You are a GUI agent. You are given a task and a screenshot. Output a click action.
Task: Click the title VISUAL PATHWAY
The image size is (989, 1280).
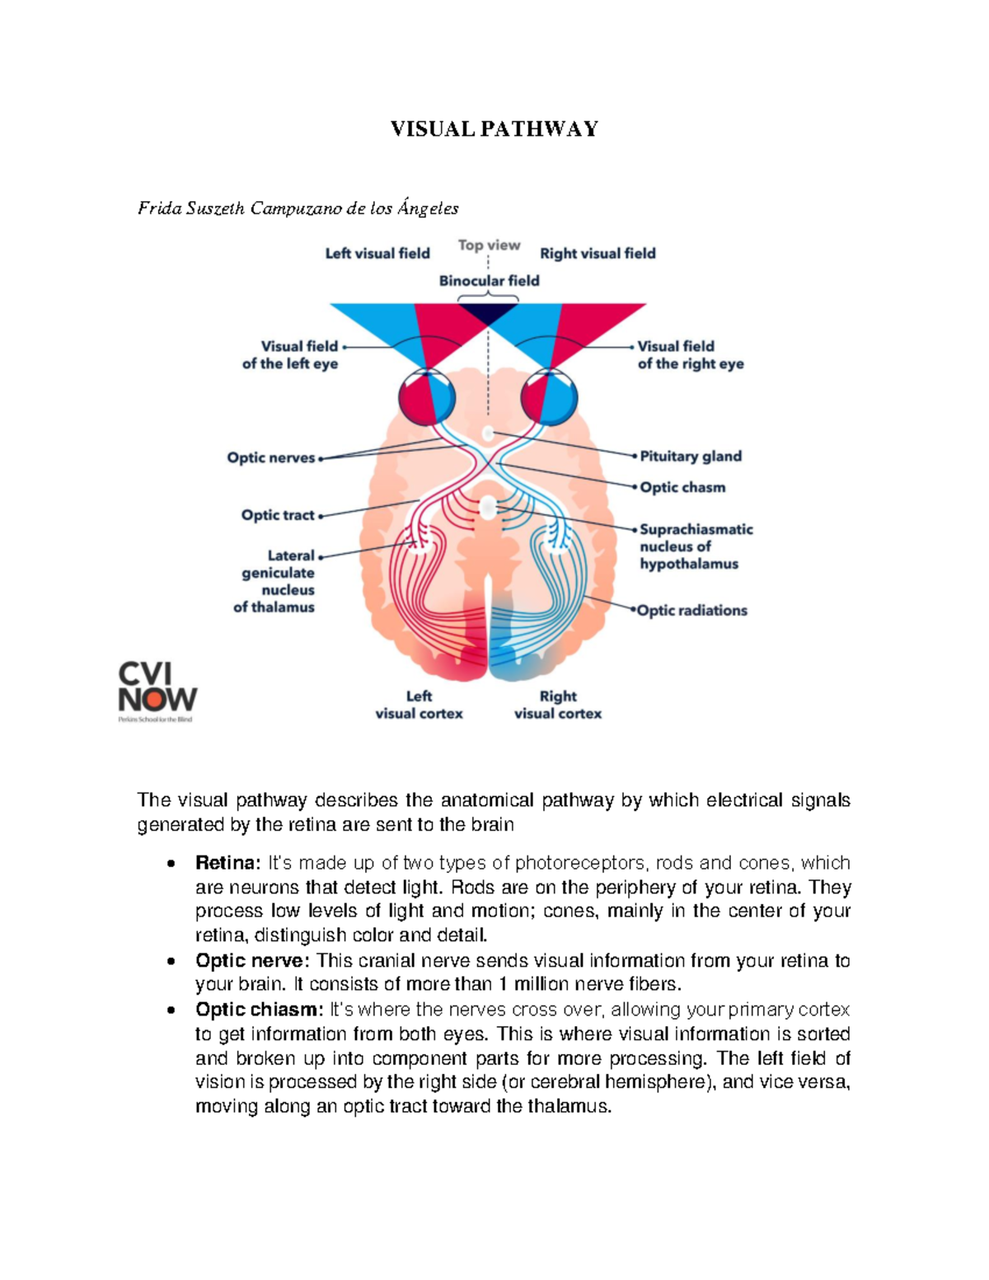point(494,129)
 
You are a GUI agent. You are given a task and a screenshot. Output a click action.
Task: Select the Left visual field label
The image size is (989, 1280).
point(377,254)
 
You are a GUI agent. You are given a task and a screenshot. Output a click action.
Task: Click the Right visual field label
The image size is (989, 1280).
point(598,254)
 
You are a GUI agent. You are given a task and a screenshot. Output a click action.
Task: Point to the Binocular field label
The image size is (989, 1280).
point(489,281)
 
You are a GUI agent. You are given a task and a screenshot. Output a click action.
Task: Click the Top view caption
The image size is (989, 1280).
point(489,245)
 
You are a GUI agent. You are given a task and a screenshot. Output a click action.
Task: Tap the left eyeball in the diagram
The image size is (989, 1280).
point(427,397)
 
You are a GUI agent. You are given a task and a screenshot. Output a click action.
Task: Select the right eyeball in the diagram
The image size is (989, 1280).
point(549,397)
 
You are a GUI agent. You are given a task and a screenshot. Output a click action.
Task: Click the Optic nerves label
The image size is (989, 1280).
point(271,458)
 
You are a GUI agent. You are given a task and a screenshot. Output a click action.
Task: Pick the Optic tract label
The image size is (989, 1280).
point(278,515)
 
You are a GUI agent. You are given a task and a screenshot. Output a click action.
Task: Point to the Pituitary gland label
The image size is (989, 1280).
point(691,457)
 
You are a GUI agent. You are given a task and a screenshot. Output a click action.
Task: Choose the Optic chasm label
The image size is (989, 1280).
point(682,488)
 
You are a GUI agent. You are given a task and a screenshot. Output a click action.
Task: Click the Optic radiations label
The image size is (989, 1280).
point(692,611)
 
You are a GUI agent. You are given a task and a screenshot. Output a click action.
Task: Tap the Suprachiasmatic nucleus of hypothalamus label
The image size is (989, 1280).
point(696,546)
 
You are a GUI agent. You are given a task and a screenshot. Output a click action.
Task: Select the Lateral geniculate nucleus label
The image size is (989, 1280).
point(277,581)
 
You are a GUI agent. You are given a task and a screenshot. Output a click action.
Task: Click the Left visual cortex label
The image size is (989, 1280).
point(419,706)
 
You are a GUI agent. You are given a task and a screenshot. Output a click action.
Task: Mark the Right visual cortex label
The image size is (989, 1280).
point(558,706)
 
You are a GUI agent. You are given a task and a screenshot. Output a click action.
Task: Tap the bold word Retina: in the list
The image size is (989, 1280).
point(227,863)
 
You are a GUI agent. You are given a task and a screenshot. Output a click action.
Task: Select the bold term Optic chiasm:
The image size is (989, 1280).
point(259,1010)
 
